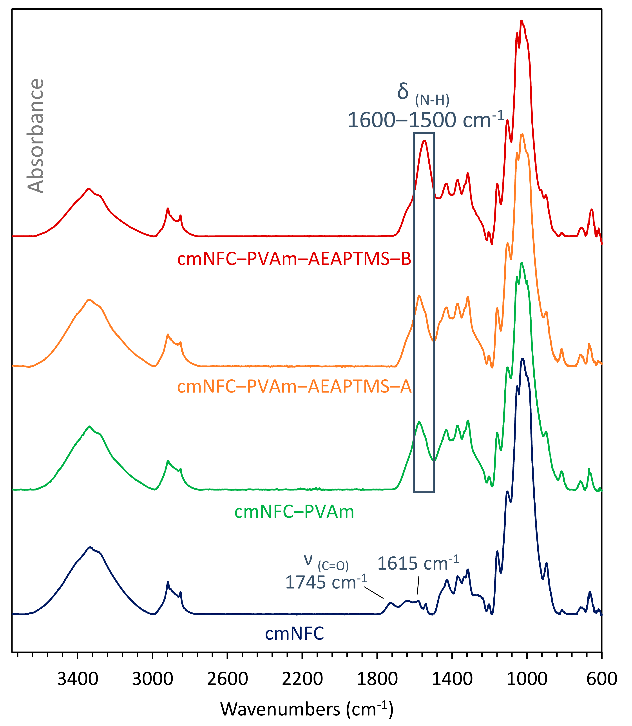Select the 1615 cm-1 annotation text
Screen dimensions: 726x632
[x=418, y=563]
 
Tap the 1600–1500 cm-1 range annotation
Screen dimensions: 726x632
[x=426, y=120]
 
